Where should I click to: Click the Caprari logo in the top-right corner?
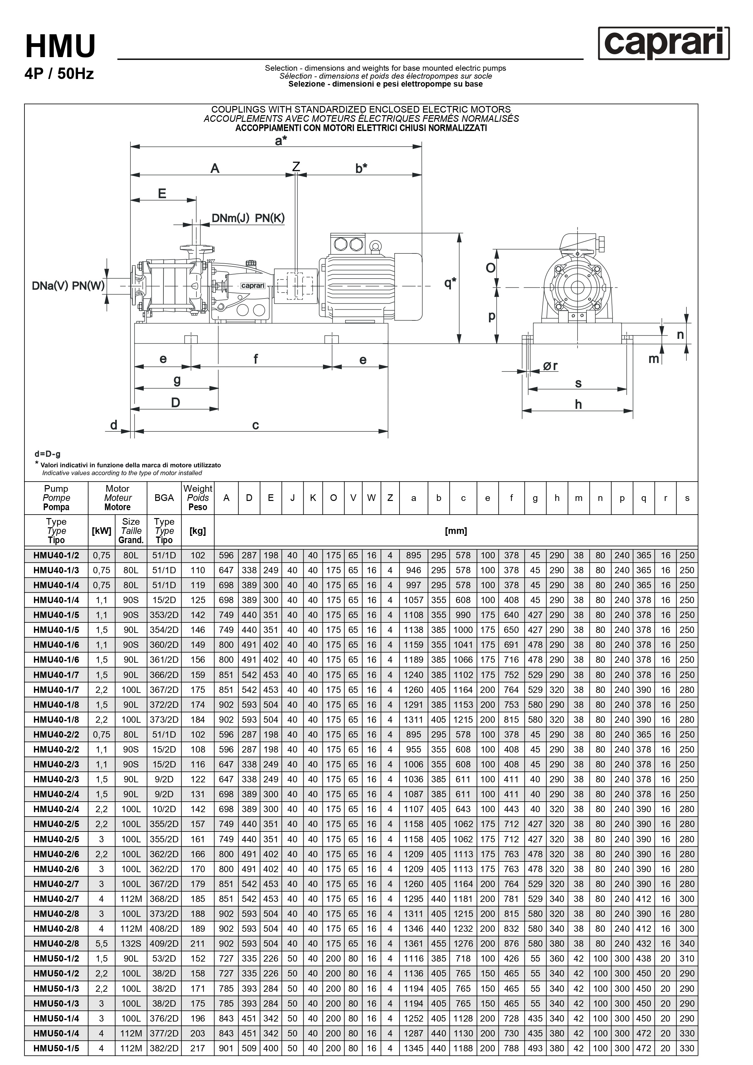pyautogui.click(x=664, y=43)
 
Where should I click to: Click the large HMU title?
pyautogui.click(x=60, y=46)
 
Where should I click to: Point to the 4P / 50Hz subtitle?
pyautogui.click(x=59, y=74)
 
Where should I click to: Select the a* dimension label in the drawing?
pyautogui.click(x=281, y=141)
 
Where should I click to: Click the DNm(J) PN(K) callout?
pyautogui.click(x=248, y=218)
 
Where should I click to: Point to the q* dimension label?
pyautogui.click(x=450, y=282)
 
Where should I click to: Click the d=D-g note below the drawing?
pyautogui.click(x=47, y=454)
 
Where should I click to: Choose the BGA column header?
pyautogui.click(x=164, y=498)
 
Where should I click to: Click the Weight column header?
pyautogui.click(x=198, y=498)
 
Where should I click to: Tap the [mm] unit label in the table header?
pyautogui.click(x=456, y=531)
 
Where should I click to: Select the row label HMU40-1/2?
pyautogui.click(x=56, y=555)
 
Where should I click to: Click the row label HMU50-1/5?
pyautogui.click(x=56, y=1048)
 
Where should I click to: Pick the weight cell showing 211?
pyautogui.click(x=198, y=943)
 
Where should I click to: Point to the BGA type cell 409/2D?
pyautogui.click(x=164, y=943)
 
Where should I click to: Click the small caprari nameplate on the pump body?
pyautogui.click(x=253, y=286)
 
